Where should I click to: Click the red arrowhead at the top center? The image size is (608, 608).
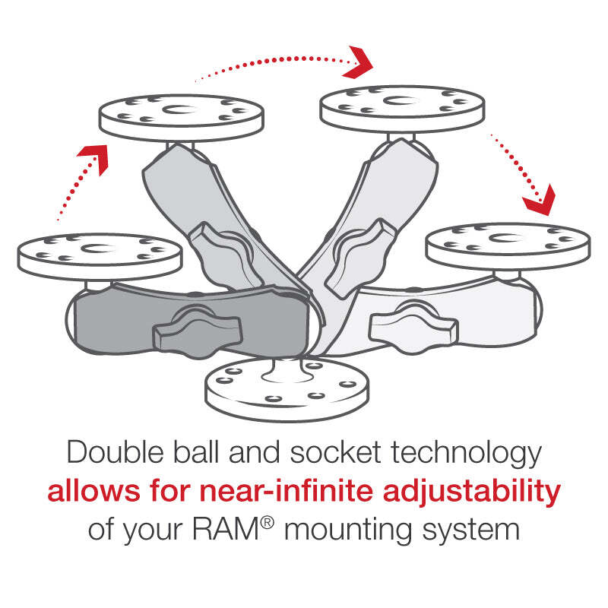pyautogui.click(x=359, y=62)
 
